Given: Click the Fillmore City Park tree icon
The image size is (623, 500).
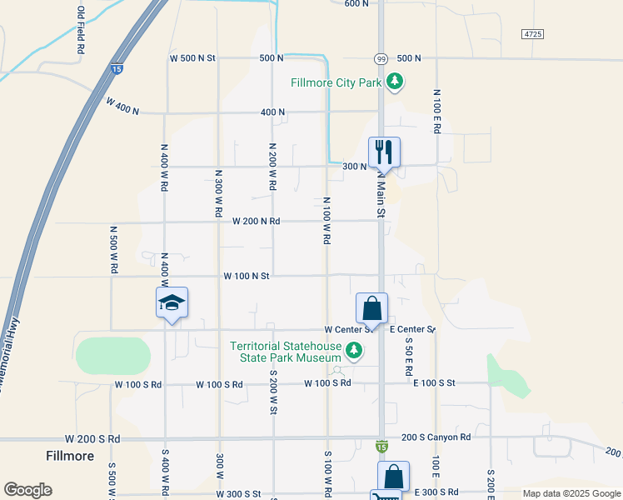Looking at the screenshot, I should point(395,82).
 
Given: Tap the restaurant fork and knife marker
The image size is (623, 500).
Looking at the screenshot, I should point(384,152).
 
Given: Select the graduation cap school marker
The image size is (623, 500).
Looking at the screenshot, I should point(172,303).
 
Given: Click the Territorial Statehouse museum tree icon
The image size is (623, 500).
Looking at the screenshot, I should point(355,350).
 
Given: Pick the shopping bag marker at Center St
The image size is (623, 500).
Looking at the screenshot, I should point(371,309).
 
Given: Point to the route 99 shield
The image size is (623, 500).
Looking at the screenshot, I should point(380,58).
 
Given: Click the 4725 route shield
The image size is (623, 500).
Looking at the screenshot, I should point(533,33).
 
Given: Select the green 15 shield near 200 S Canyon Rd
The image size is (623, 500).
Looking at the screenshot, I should point(381,447).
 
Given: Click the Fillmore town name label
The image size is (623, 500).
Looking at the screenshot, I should point(70,456).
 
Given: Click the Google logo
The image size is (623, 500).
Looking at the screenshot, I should point(27,490).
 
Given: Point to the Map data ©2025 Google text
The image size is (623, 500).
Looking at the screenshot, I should point(571,493).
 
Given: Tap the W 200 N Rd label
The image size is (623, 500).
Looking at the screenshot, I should point(256,222).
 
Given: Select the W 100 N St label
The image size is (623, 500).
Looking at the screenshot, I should point(247,276).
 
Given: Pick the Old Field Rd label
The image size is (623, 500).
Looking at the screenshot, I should point(81,31).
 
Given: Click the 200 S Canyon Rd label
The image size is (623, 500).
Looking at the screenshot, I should point(436,437).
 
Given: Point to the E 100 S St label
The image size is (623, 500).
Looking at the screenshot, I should point(435,382).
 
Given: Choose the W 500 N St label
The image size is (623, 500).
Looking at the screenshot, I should point(192,58).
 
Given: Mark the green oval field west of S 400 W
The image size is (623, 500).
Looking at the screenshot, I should point(113,356).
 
